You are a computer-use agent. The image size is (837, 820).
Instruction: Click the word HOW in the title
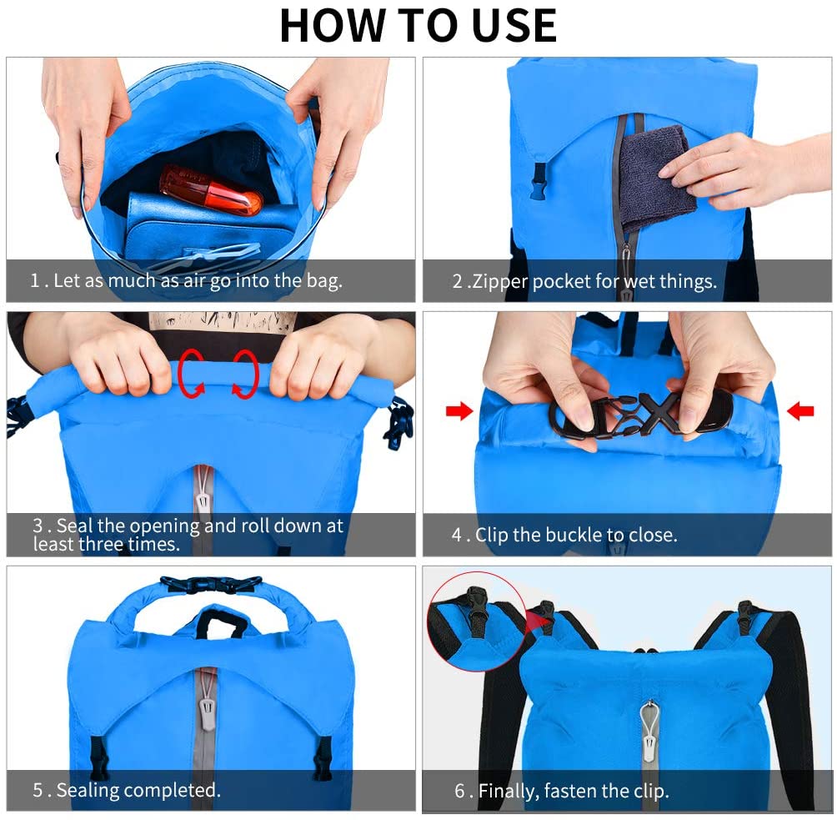tap(332, 26)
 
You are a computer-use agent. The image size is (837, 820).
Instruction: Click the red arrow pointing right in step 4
tap(459, 410)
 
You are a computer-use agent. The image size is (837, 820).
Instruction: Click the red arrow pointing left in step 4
tap(800, 410)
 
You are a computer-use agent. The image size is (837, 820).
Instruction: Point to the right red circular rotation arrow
tap(246, 374)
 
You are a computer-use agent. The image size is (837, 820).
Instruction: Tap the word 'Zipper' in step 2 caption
tap(499, 281)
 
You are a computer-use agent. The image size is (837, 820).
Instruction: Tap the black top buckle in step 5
tap(211, 584)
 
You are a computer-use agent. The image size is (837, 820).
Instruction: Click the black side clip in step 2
tap(539, 182)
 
